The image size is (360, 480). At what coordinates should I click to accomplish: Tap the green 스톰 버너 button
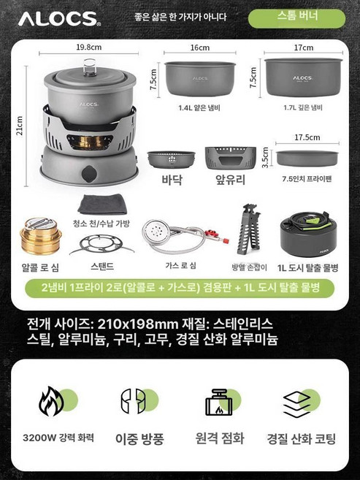tap(296, 18)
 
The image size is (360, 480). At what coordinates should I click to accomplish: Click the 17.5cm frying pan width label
tap(307, 137)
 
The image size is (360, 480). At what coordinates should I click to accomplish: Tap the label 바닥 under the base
tap(172, 178)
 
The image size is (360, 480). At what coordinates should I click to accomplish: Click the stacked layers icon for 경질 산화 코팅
tap(298, 401)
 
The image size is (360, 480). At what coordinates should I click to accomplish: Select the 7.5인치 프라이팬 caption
tap(302, 178)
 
